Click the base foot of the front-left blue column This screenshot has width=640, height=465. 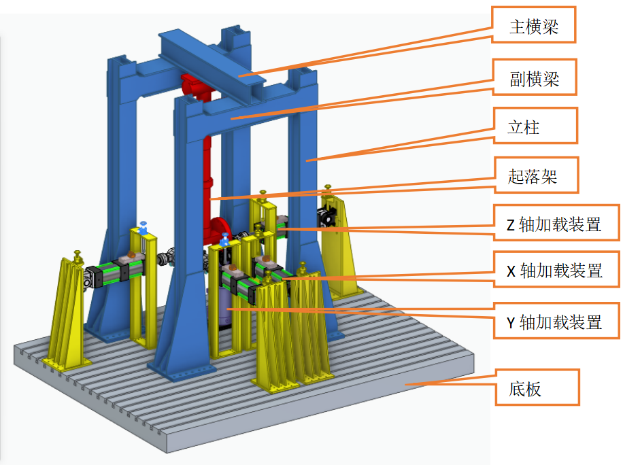click(178, 367)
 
